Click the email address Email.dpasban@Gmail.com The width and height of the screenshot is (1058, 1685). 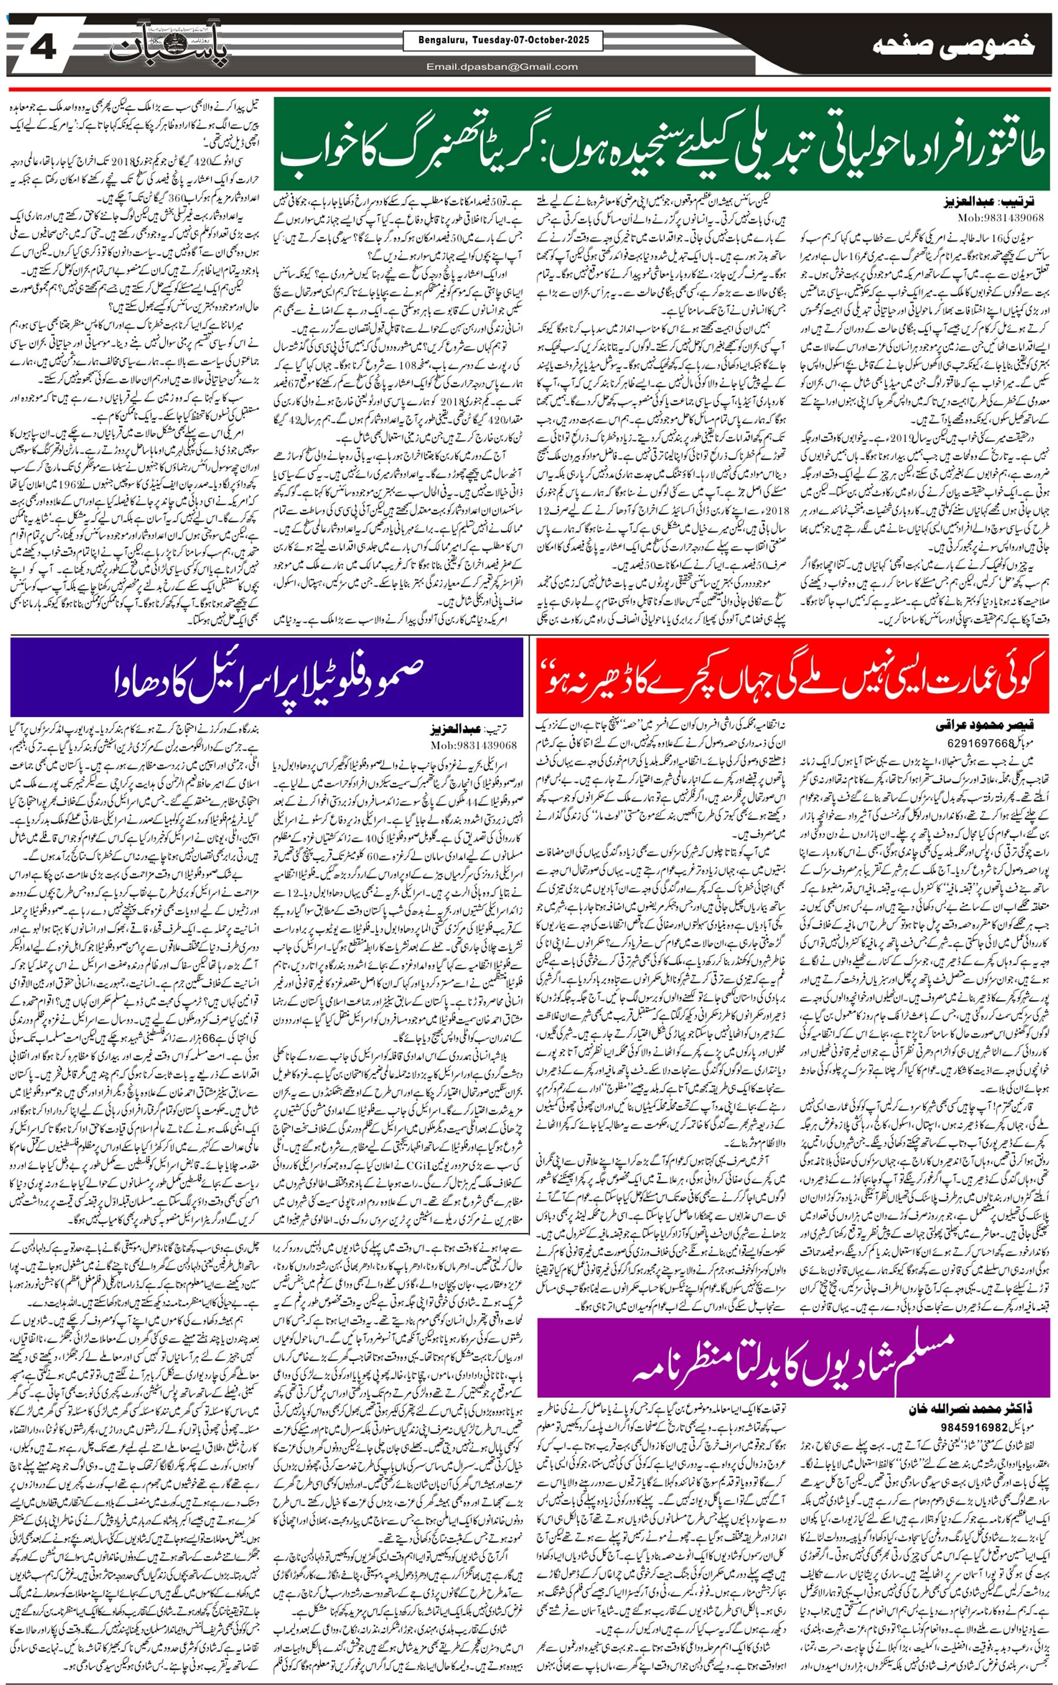point(502,67)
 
